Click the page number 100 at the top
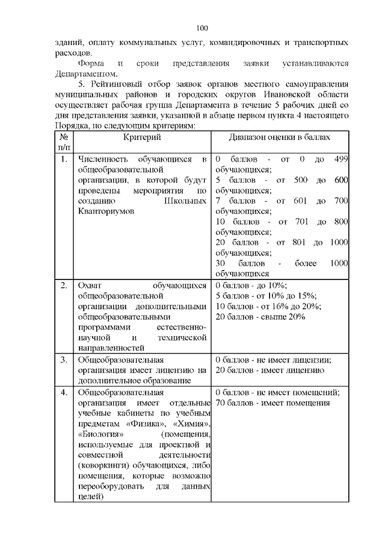click(202, 28)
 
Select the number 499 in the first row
click(340, 159)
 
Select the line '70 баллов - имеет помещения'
click(273, 403)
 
